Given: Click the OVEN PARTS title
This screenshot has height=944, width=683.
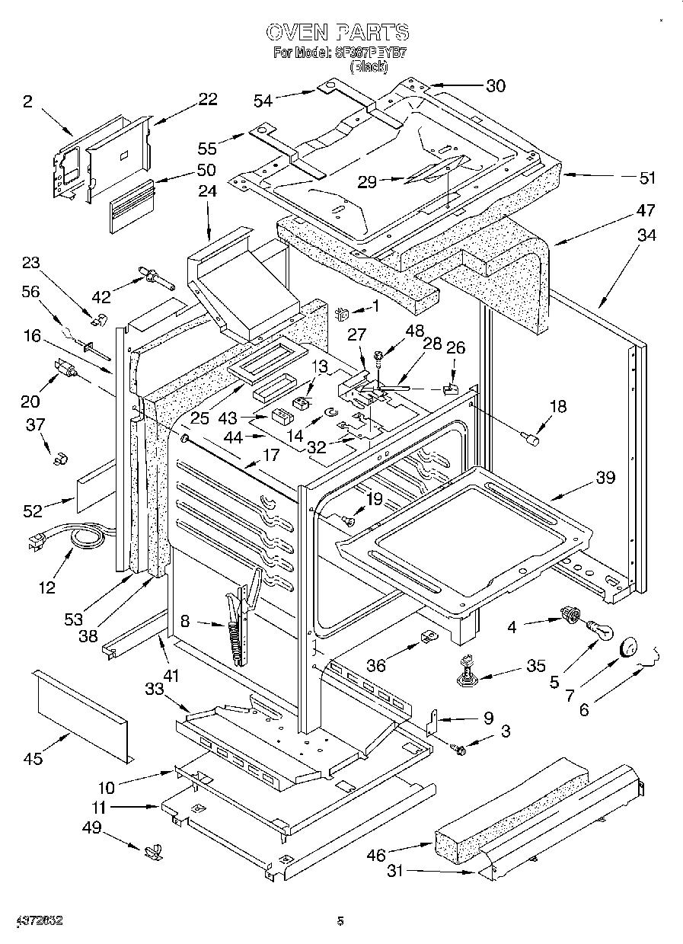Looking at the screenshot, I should pos(337,32).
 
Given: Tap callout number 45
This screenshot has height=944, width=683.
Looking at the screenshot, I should pos(34,758).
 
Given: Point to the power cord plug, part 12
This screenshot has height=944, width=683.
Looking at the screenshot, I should pos(34,542).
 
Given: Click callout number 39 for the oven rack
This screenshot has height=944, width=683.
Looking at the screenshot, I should pos(606,478).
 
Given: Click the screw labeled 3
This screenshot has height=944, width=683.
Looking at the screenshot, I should pos(459,750).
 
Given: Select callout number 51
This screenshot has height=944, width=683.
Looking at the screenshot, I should pos(646,178).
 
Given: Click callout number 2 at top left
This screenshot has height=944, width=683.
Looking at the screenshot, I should pos(27,102).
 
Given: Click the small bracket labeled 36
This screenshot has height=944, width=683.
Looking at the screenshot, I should pos(429,636).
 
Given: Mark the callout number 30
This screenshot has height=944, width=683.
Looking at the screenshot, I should pos(495,86).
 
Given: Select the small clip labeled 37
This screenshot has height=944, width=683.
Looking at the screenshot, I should pos(59,459).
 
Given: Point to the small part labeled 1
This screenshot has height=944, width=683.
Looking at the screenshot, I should pos(342,311).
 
